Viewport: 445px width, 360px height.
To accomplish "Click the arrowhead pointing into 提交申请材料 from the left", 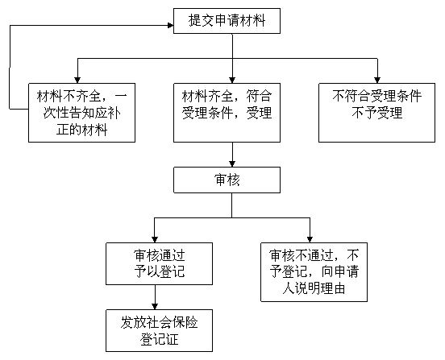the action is pyautogui.click(x=171, y=26).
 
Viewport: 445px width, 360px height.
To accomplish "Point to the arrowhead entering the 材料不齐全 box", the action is pyautogui.click(x=77, y=81).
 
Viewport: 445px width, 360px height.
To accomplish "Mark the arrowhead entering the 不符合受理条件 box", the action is pyautogui.click(x=377, y=81).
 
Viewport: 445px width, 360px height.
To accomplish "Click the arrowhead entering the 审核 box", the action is pyautogui.click(x=232, y=164).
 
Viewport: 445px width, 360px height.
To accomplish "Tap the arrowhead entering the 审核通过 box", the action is pyautogui.click(x=155, y=239).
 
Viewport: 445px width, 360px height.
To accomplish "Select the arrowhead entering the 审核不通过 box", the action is pyautogui.click(x=310, y=239).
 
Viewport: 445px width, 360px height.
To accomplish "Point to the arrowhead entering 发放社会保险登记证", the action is pyautogui.click(x=155, y=306).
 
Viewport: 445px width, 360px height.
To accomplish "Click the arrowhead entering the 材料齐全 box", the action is pyautogui.click(x=232, y=81).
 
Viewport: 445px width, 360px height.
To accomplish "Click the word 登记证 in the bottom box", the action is pyautogui.click(x=159, y=339).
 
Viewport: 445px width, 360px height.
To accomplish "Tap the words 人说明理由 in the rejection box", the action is pyautogui.click(x=314, y=288).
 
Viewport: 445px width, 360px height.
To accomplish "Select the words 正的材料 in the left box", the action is pyautogui.click(x=81, y=130).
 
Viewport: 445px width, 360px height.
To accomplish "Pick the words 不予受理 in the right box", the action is pyautogui.click(x=377, y=113).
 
